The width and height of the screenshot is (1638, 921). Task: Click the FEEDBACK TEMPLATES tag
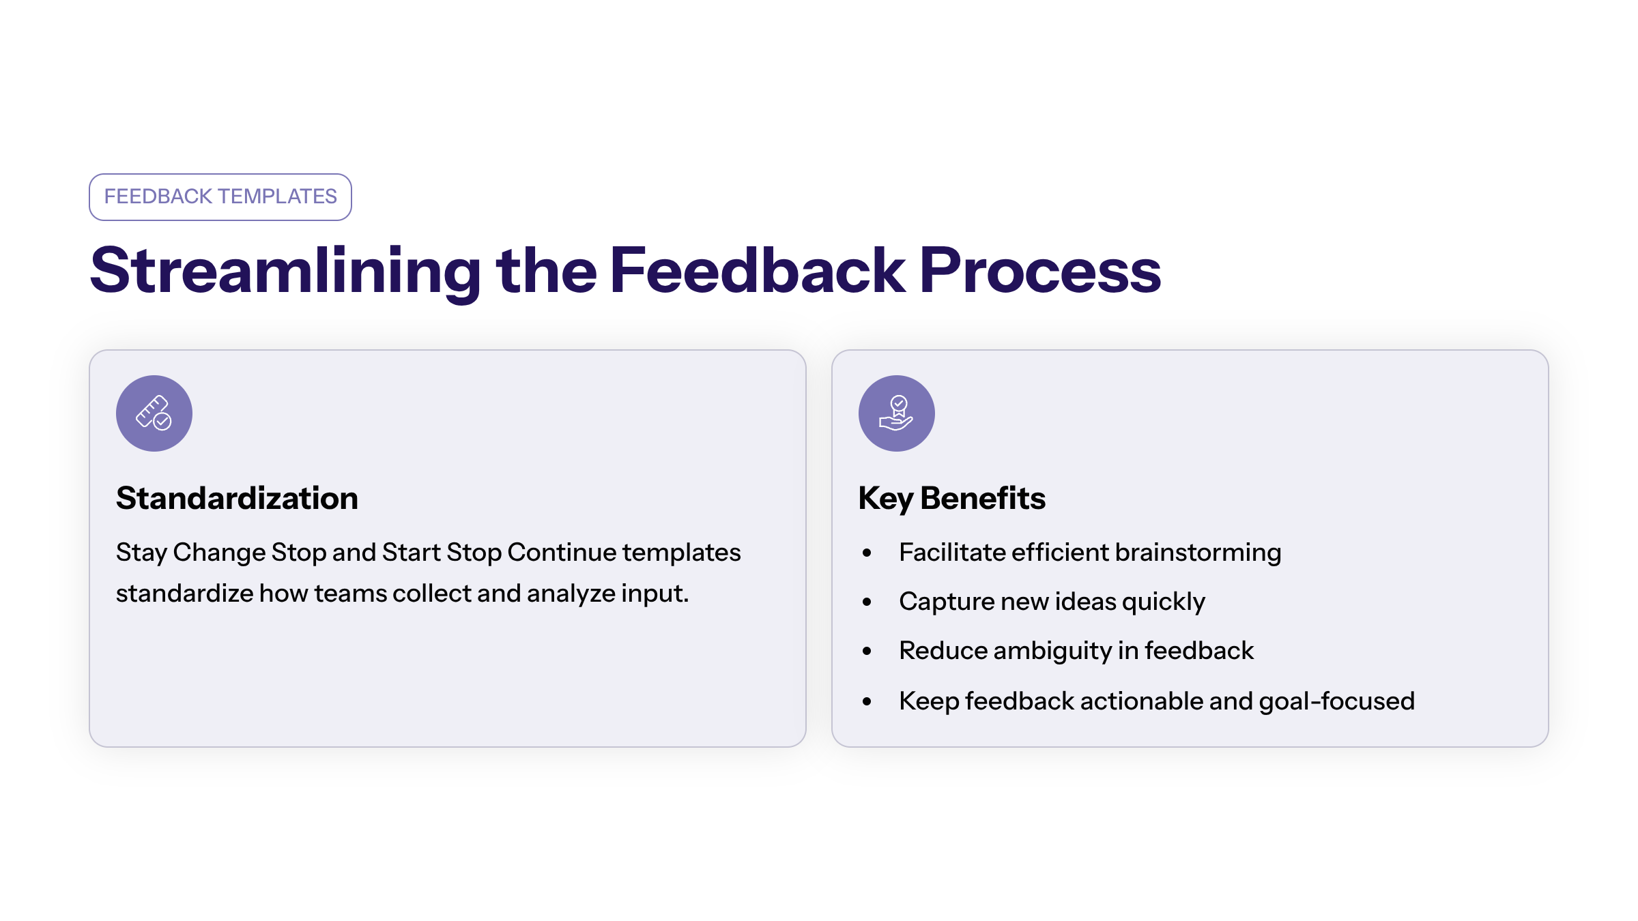tap(220, 196)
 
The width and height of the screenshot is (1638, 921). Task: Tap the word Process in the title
tap(1040, 271)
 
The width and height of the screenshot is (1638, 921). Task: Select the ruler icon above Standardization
tap(154, 413)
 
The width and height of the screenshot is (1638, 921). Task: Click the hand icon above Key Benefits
tap(897, 413)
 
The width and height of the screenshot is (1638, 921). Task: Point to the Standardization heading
tap(237, 498)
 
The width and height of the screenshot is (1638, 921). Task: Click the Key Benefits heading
tap(952, 499)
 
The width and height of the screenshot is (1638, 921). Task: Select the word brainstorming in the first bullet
tap(1198, 553)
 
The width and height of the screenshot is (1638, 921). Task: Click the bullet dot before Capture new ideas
tap(867, 602)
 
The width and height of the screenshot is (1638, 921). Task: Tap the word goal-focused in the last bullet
tap(1337, 702)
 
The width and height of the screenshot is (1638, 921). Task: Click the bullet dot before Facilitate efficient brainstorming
tap(867, 553)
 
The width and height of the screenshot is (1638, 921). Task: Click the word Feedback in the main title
tap(758, 271)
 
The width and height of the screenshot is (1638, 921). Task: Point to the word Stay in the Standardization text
tap(141, 553)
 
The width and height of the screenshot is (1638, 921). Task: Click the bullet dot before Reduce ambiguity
tap(867, 651)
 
